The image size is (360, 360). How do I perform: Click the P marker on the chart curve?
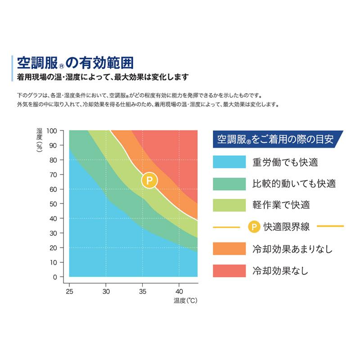(150, 181)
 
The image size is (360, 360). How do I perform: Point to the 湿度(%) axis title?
(40, 141)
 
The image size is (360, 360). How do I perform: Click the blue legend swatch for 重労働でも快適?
(229, 162)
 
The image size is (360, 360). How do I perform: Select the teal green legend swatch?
(229, 184)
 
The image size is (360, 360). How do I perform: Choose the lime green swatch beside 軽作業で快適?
(229, 205)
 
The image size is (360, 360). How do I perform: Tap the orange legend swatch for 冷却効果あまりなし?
(229, 248)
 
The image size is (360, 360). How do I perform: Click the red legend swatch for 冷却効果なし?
(229, 270)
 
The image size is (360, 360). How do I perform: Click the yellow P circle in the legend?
(254, 226)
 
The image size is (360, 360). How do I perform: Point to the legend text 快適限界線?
(287, 226)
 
